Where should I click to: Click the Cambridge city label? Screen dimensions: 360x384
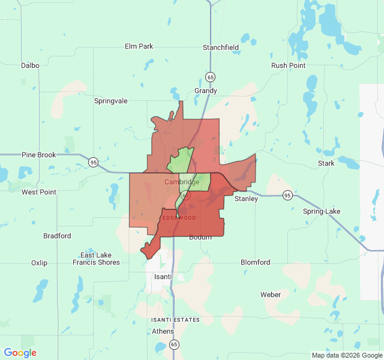(181, 182)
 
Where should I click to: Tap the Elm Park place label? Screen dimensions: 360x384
(139, 46)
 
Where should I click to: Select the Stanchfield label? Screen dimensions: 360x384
(221, 47)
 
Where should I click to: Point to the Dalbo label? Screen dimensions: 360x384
(30, 65)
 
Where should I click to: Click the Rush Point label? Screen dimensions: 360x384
(288, 65)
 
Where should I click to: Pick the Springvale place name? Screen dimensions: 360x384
(111, 101)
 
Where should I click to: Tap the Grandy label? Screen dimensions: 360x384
(205, 91)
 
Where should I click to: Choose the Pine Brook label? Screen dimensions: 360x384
(39, 155)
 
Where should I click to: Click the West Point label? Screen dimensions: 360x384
(39, 192)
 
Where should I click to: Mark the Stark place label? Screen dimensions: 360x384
(326, 163)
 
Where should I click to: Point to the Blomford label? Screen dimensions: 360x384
(255, 262)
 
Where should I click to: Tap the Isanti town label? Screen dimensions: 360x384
(163, 277)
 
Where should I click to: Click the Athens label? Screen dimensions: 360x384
(163, 331)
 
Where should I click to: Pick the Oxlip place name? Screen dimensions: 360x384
(39, 263)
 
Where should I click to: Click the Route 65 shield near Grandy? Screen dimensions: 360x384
(210, 77)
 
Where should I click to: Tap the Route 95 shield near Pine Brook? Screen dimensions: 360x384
(93, 162)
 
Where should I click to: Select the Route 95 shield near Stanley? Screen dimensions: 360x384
(288, 196)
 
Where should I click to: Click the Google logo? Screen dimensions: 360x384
(20, 353)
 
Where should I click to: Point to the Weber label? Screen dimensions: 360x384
(271, 295)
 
